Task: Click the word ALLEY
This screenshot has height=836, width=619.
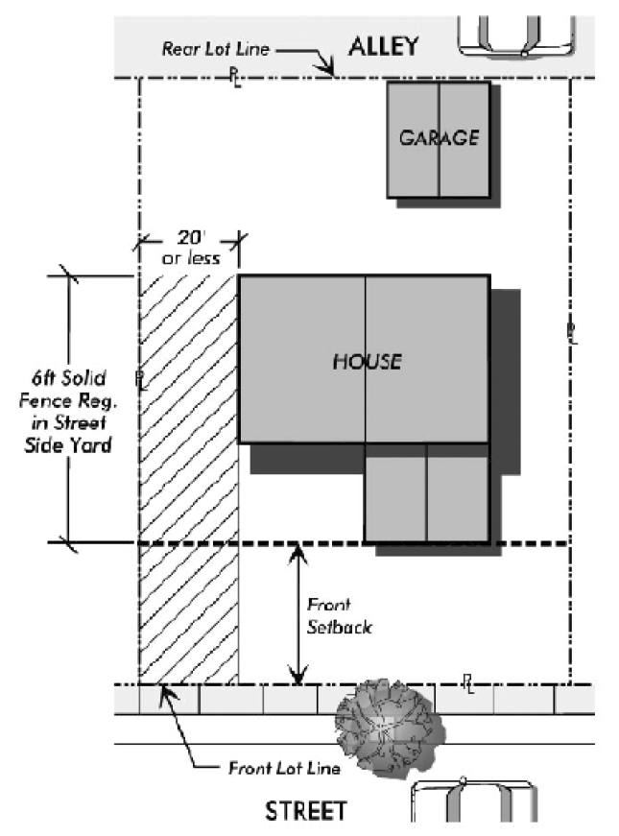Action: (x=384, y=45)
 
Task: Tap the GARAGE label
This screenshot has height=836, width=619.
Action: (x=439, y=137)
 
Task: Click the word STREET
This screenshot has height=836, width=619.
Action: (x=305, y=812)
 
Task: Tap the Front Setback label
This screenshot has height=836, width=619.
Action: (x=338, y=615)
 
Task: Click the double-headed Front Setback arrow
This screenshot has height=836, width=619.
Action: (x=298, y=614)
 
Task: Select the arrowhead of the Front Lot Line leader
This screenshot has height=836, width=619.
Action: (x=164, y=687)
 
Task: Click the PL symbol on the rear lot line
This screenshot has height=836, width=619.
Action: (x=235, y=78)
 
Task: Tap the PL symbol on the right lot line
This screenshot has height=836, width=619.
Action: (x=572, y=333)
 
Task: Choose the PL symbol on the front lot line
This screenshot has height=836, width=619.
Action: (x=467, y=683)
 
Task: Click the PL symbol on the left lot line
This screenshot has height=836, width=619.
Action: (x=140, y=379)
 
